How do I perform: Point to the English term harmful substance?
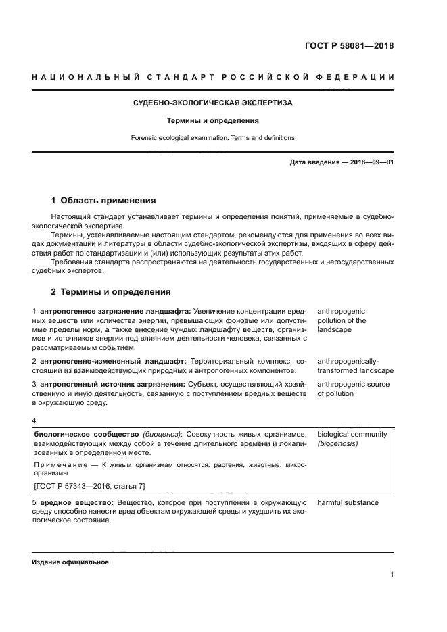pos(348,503)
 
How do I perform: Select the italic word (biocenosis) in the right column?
pos(337,444)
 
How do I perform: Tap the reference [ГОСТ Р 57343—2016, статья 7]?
pos(88,486)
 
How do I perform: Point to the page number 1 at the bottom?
pos(392,575)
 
